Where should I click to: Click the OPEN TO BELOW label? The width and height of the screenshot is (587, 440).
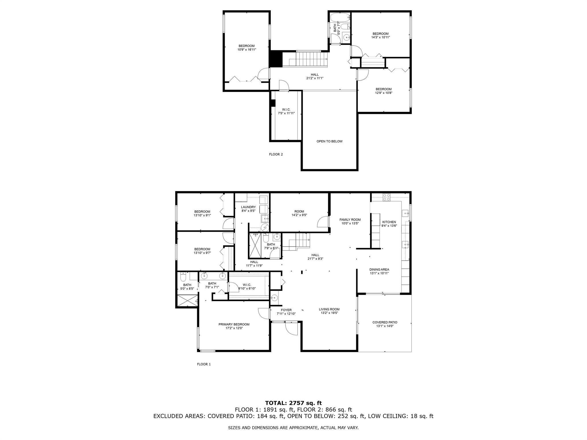[x=329, y=141]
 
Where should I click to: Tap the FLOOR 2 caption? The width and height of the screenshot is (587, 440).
[x=276, y=154]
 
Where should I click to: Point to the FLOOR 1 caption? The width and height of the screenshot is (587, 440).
[x=204, y=364]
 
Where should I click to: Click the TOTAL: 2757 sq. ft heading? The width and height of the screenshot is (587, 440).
[x=293, y=403]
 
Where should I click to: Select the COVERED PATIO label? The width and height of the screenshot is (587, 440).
[x=385, y=322]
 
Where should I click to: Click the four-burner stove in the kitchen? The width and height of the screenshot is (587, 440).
[x=387, y=197]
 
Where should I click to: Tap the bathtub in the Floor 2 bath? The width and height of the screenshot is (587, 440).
[x=340, y=18]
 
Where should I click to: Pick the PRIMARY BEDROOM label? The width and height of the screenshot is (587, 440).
[x=234, y=324]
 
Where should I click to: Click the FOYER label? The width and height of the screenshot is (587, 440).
[x=286, y=310]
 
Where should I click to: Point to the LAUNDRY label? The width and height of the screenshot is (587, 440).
[x=248, y=207]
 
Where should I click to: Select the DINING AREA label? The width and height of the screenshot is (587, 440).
[x=379, y=270]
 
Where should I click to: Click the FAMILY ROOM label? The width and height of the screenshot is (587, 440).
[x=350, y=220]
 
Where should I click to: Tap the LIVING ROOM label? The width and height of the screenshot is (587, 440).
[x=329, y=309]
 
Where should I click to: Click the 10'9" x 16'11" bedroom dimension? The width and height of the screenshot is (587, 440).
[x=246, y=50]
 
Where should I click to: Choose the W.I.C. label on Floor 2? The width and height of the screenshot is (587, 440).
[x=286, y=109]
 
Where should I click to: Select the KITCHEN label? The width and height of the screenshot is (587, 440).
[x=389, y=222]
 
